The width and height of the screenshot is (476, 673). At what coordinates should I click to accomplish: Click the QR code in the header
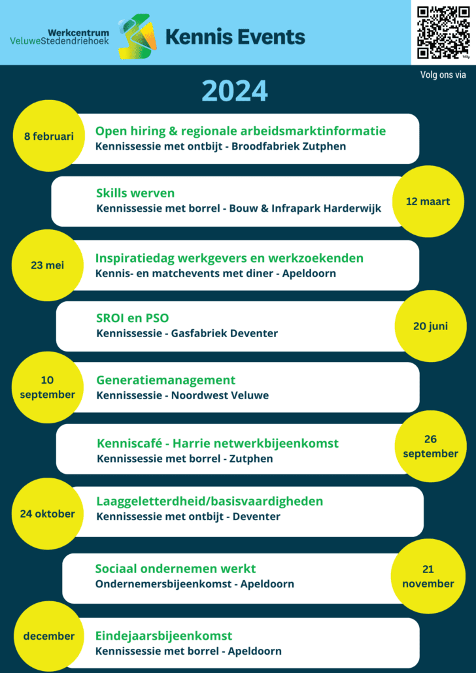tap(443, 32)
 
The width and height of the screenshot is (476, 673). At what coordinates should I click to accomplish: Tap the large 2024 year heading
tap(235, 91)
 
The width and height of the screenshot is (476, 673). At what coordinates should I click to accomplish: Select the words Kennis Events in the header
tap(235, 37)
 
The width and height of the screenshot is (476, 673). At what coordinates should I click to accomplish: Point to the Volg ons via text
tap(443, 75)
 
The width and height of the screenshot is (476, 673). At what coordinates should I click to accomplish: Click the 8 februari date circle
tap(49, 136)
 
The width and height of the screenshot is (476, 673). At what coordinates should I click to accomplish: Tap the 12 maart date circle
tap(428, 201)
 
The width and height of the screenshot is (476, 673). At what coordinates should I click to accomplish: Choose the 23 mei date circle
tap(47, 265)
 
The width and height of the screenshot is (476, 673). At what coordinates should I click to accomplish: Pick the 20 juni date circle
tap(430, 326)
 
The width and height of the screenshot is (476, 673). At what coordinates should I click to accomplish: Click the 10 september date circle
tap(47, 387)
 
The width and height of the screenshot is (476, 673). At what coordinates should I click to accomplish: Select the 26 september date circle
tap(430, 446)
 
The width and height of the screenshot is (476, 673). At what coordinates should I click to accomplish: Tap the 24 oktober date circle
tap(47, 514)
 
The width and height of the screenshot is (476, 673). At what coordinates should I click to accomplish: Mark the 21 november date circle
tap(428, 576)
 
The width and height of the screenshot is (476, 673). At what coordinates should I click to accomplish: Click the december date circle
tap(49, 636)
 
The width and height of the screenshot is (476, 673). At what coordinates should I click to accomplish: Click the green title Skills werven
tap(135, 193)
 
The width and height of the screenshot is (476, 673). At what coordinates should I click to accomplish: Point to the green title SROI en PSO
tap(132, 318)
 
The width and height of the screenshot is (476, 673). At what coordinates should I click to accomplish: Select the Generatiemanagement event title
tap(166, 380)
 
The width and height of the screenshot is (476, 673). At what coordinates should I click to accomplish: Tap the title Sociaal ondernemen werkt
tap(175, 568)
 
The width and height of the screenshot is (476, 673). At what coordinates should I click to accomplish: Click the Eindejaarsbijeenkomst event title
tap(163, 636)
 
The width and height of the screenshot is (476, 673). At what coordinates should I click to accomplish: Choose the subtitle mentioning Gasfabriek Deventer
tap(187, 333)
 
